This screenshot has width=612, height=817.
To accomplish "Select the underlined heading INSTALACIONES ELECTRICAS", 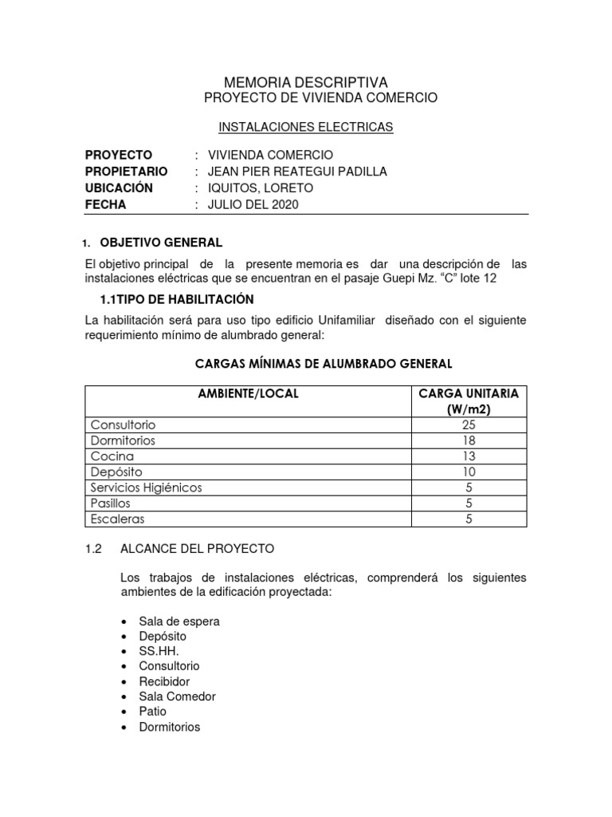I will click(306, 127).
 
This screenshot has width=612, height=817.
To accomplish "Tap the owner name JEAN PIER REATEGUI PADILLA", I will click(297, 172).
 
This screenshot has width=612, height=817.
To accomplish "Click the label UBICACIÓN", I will click(119, 188).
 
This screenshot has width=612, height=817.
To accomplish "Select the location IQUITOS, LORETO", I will click(261, 188).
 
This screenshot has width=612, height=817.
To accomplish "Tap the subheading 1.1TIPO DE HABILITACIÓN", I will click(176, 300).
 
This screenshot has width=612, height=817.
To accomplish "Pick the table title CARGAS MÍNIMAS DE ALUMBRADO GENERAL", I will click(324, 364).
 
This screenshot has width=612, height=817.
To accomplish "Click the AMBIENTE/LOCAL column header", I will click(248, 394).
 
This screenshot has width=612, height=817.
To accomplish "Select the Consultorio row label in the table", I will click(123, 425).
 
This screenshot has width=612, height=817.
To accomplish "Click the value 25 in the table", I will click(468, 425).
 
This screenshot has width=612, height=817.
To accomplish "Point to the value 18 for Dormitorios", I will click(468, 440).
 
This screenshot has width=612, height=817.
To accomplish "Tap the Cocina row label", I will click(112, 456).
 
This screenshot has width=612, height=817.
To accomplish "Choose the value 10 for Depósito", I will click(468, 472).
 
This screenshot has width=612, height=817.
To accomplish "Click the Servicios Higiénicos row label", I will click(147, 487).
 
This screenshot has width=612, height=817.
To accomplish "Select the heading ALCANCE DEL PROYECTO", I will click(197, 549).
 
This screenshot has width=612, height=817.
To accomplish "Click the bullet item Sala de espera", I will click(179, 621).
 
